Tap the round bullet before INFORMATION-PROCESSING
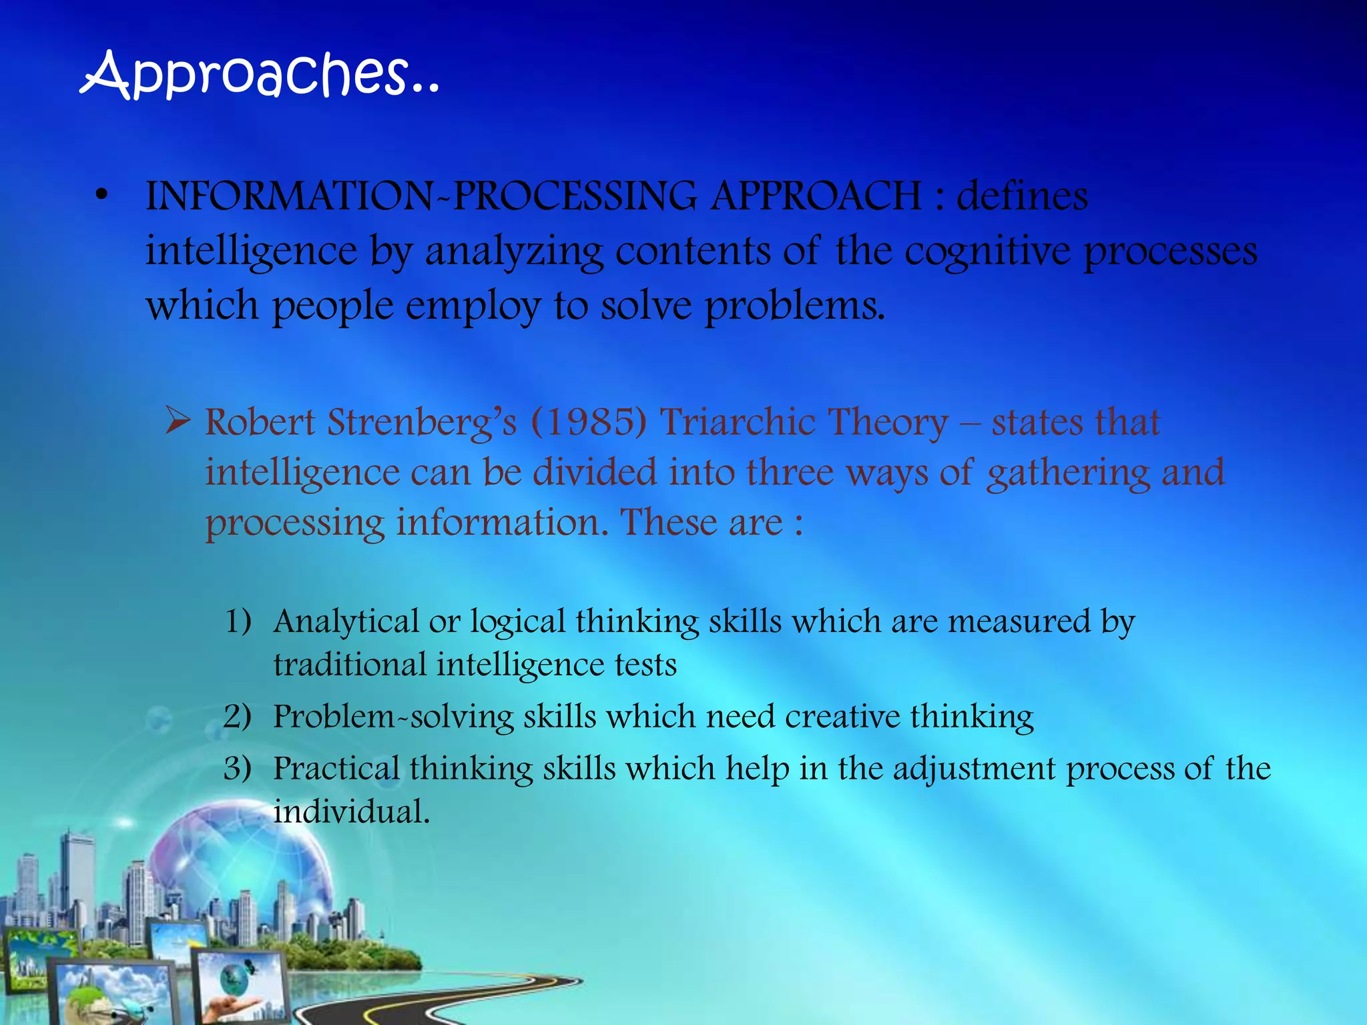point(101,196)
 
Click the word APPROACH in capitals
point(815,197)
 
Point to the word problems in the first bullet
point(794,307)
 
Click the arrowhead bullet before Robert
point(178,422)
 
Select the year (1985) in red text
point(589,423)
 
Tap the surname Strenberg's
point(422,423)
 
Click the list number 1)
point(238,621)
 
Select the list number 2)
point(238,716)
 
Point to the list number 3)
point(238,768)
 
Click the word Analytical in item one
point(346,622)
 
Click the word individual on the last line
point(350,812)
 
